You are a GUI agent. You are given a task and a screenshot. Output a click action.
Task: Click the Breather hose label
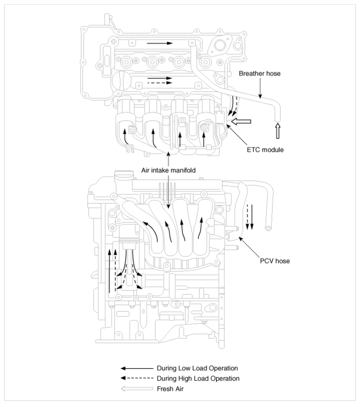click(260, 74)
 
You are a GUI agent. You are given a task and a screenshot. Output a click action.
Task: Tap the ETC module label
click(265, 150)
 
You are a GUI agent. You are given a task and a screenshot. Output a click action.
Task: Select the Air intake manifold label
click(168, 171)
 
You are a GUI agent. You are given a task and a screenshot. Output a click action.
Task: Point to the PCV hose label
click(275, 261)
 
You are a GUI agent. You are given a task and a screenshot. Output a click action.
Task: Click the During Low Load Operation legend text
click(197, 368)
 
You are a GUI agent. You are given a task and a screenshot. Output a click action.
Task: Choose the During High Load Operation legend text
click(198, 379)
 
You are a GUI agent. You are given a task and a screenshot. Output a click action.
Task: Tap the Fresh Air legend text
click(170, 389)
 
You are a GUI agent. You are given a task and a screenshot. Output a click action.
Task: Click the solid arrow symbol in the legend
click(137, 368)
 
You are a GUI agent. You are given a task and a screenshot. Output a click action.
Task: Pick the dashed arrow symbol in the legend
click(137, 378)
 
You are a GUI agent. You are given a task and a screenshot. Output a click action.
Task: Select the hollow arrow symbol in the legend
click(137, 389)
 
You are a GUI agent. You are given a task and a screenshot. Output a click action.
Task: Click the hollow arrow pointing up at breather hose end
click(278, 131)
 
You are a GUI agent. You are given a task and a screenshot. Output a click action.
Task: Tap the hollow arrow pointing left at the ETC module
click(240, 121)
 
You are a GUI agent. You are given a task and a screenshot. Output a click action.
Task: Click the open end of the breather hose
click(277, 120)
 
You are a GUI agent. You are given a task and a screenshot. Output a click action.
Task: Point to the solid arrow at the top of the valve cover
click(160, 43)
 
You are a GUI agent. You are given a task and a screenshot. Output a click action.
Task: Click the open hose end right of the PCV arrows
click(269, 228)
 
